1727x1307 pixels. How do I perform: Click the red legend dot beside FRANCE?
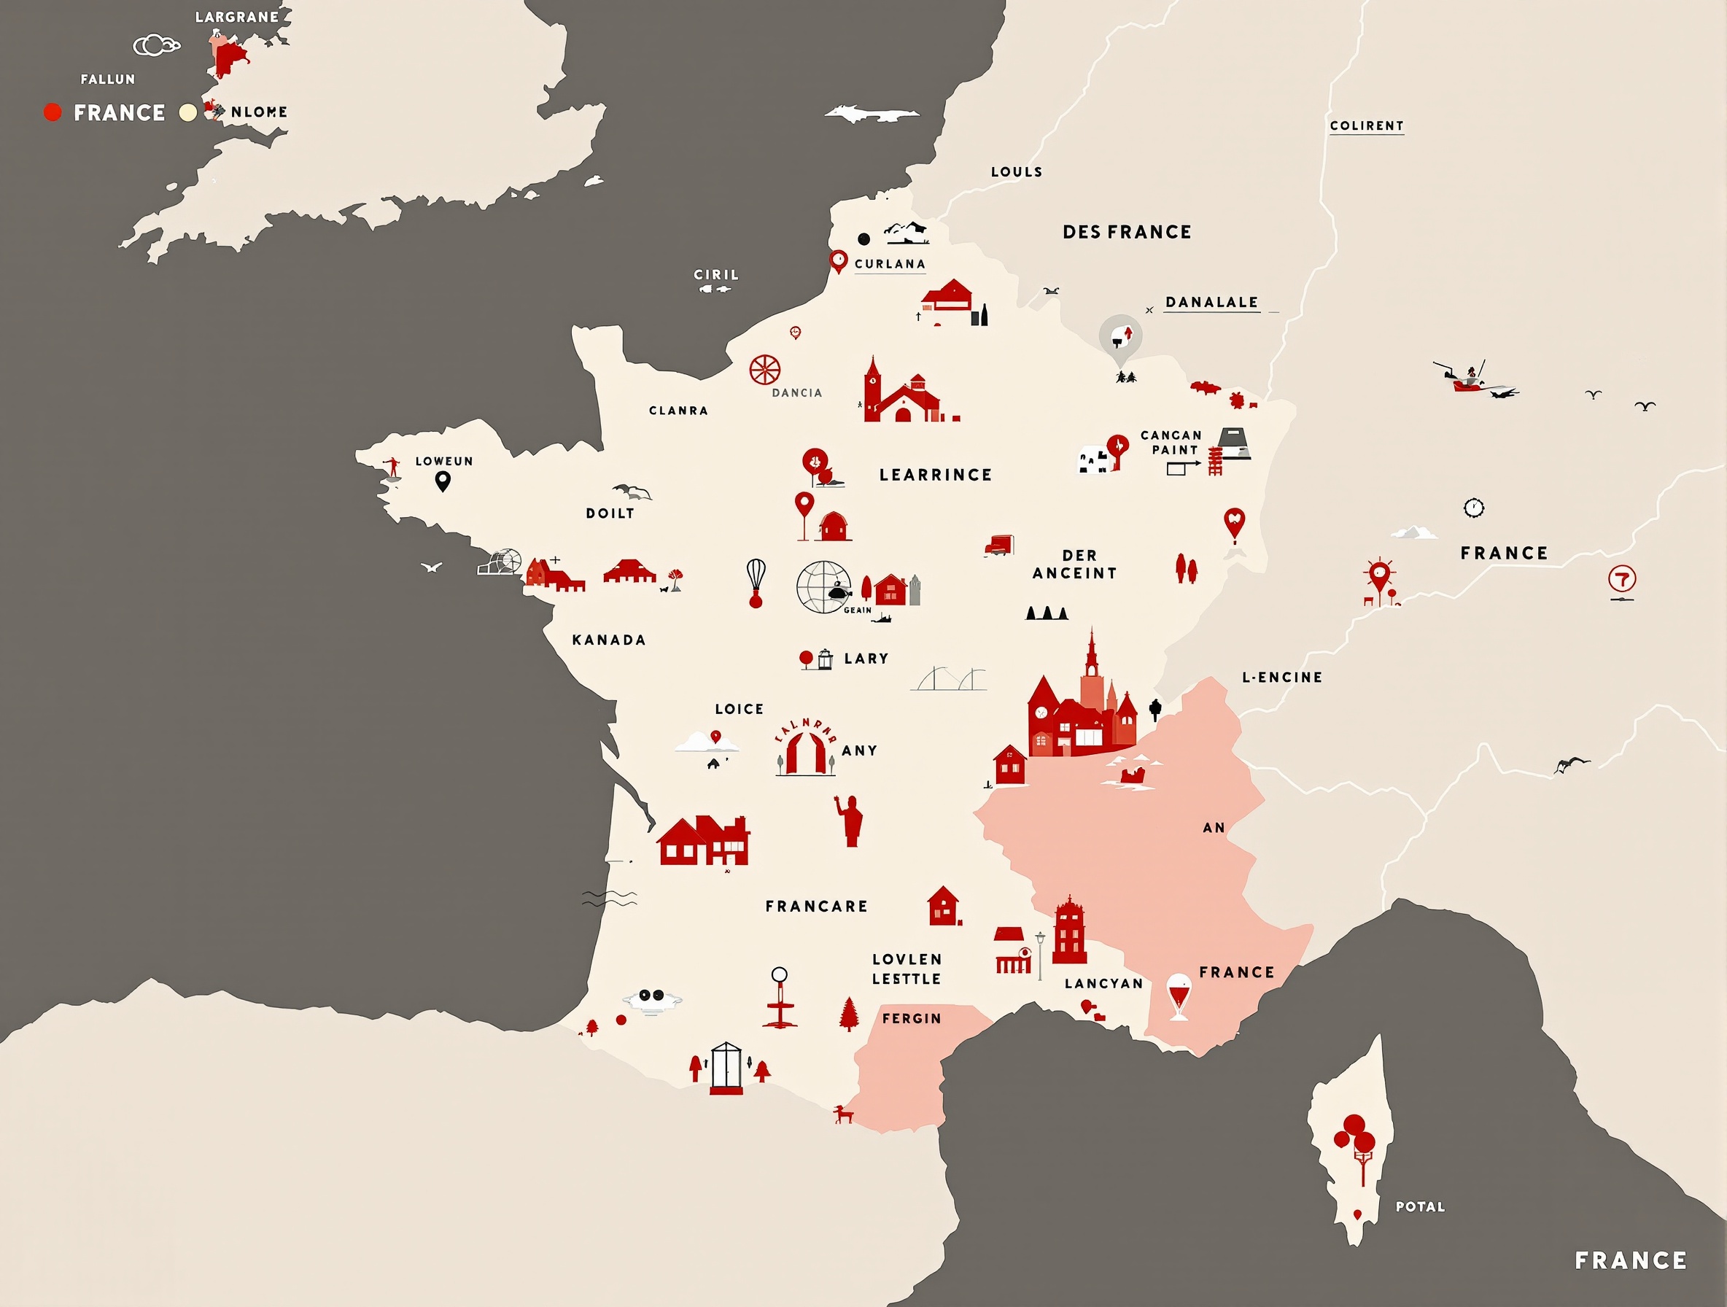pos(53,112)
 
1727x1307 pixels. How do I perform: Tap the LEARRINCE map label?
pos(935,475)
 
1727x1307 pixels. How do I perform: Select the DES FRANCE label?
pos(1127,232)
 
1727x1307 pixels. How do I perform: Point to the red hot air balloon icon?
pos(756,582)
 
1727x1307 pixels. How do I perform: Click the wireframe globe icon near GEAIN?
pos(823,587)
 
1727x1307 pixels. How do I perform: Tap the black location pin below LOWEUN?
pos(443,481)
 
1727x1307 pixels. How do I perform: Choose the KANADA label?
pos(609,640)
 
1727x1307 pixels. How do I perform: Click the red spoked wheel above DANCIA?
pos(765,369)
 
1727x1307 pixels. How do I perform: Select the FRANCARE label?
pos(817,907)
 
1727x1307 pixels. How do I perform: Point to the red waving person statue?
pos(850,821)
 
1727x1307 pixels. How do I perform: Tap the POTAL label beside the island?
pos(1420,1206)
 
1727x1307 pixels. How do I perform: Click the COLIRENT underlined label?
pos(1366,125)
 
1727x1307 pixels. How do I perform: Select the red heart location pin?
pos(1234,522)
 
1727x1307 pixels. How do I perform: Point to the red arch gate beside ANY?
pos(806,751)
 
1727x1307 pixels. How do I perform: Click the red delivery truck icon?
pos(999,545)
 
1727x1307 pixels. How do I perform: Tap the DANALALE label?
pos(1211,302)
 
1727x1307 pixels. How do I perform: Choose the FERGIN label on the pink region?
pos(912,1018)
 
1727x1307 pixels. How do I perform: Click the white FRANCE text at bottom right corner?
pos(1630,1260)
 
